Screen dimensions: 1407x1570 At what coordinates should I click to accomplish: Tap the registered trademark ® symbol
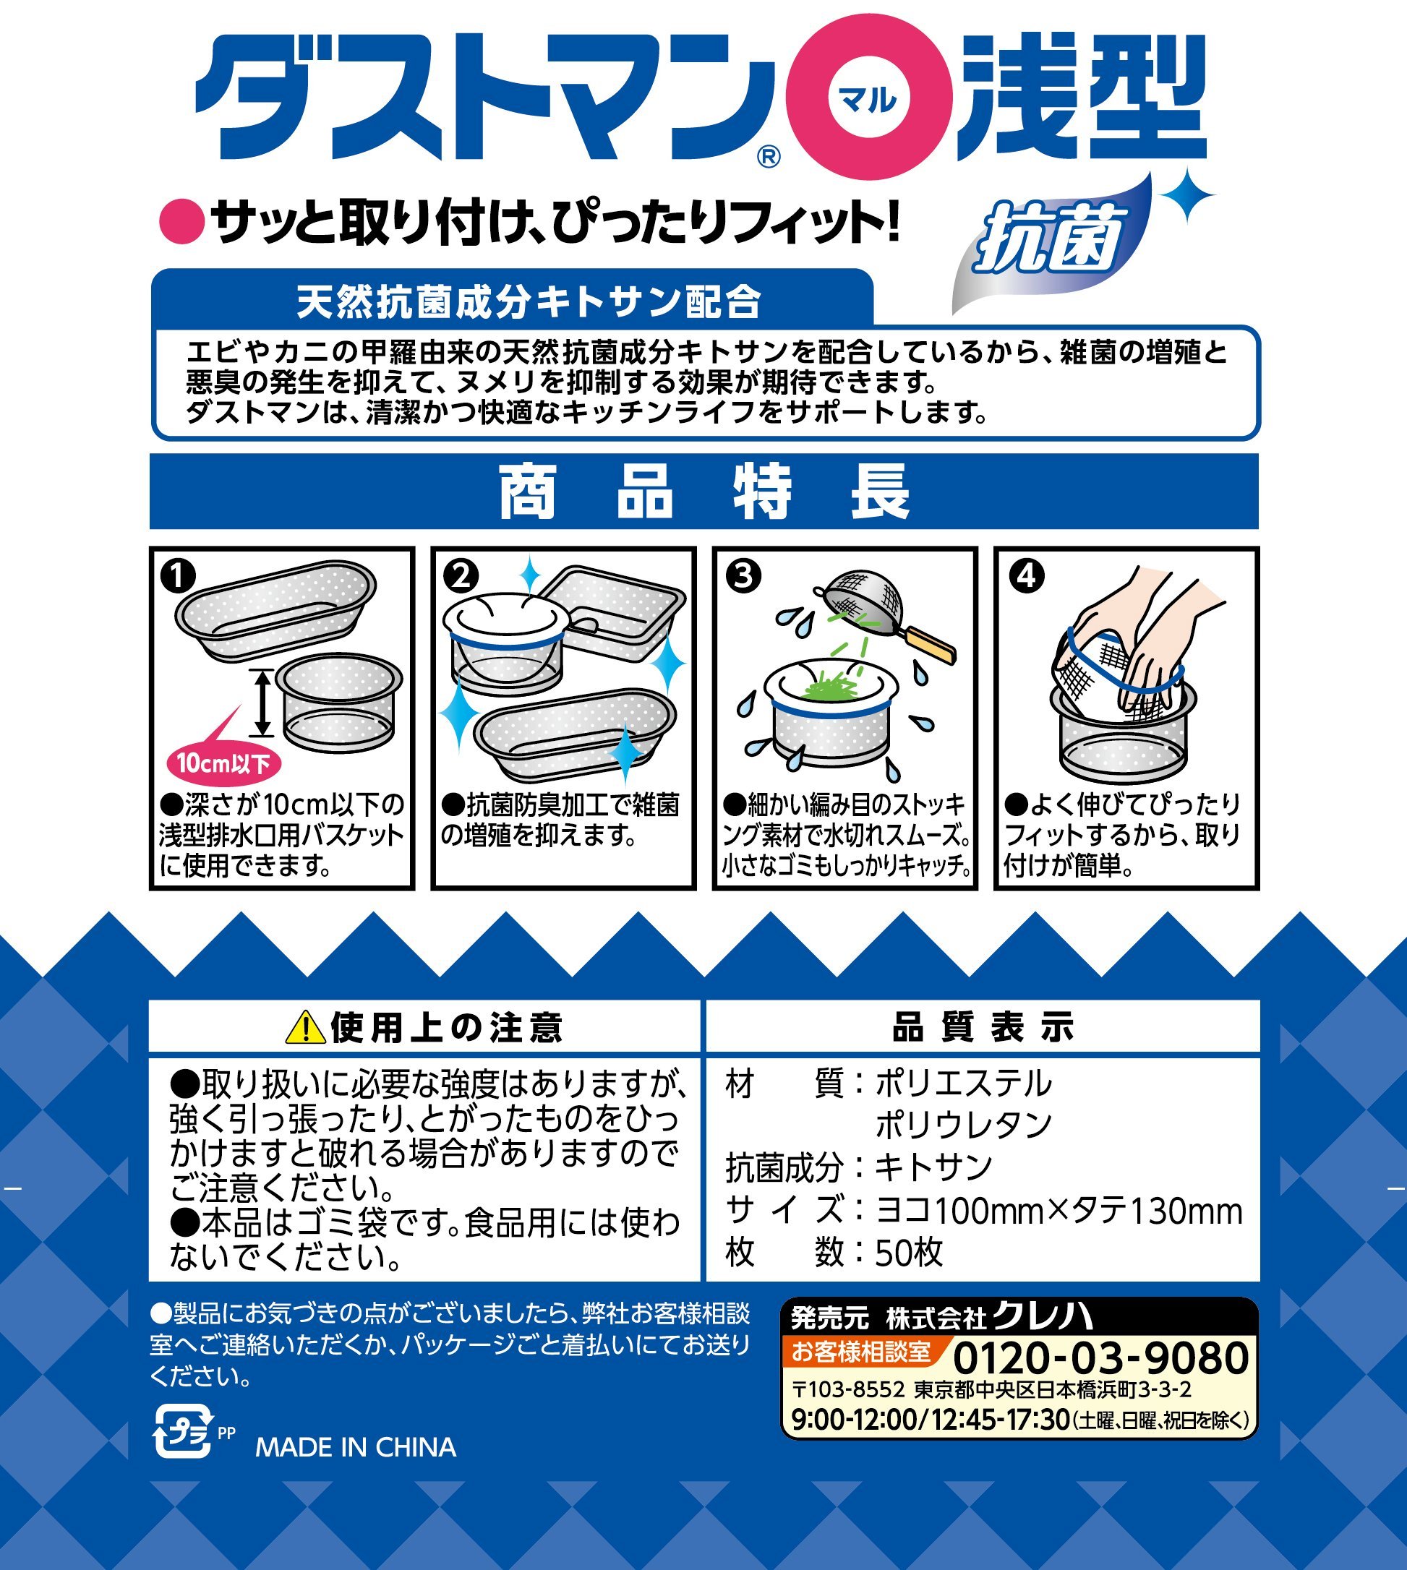(x=769, y=158)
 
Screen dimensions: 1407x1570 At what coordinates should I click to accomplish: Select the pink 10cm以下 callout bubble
(x=223, y=764)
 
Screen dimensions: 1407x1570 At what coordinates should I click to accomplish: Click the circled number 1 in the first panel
(x=178, y=576)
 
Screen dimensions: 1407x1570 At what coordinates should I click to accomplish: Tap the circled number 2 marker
(x=461, y=576)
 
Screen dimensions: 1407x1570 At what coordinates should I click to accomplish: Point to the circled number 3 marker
(x=743, y=576)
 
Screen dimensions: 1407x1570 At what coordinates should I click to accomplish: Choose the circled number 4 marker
(x=1026, y=576)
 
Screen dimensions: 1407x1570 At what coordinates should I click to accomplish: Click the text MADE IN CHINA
(x=356, y=1447)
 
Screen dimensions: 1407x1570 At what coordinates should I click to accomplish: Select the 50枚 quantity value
(x=909, y=1252)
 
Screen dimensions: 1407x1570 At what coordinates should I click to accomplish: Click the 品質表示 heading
(x=983, y=1026)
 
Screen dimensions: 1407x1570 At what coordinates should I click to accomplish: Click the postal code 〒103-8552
(x=848, y=1390)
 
